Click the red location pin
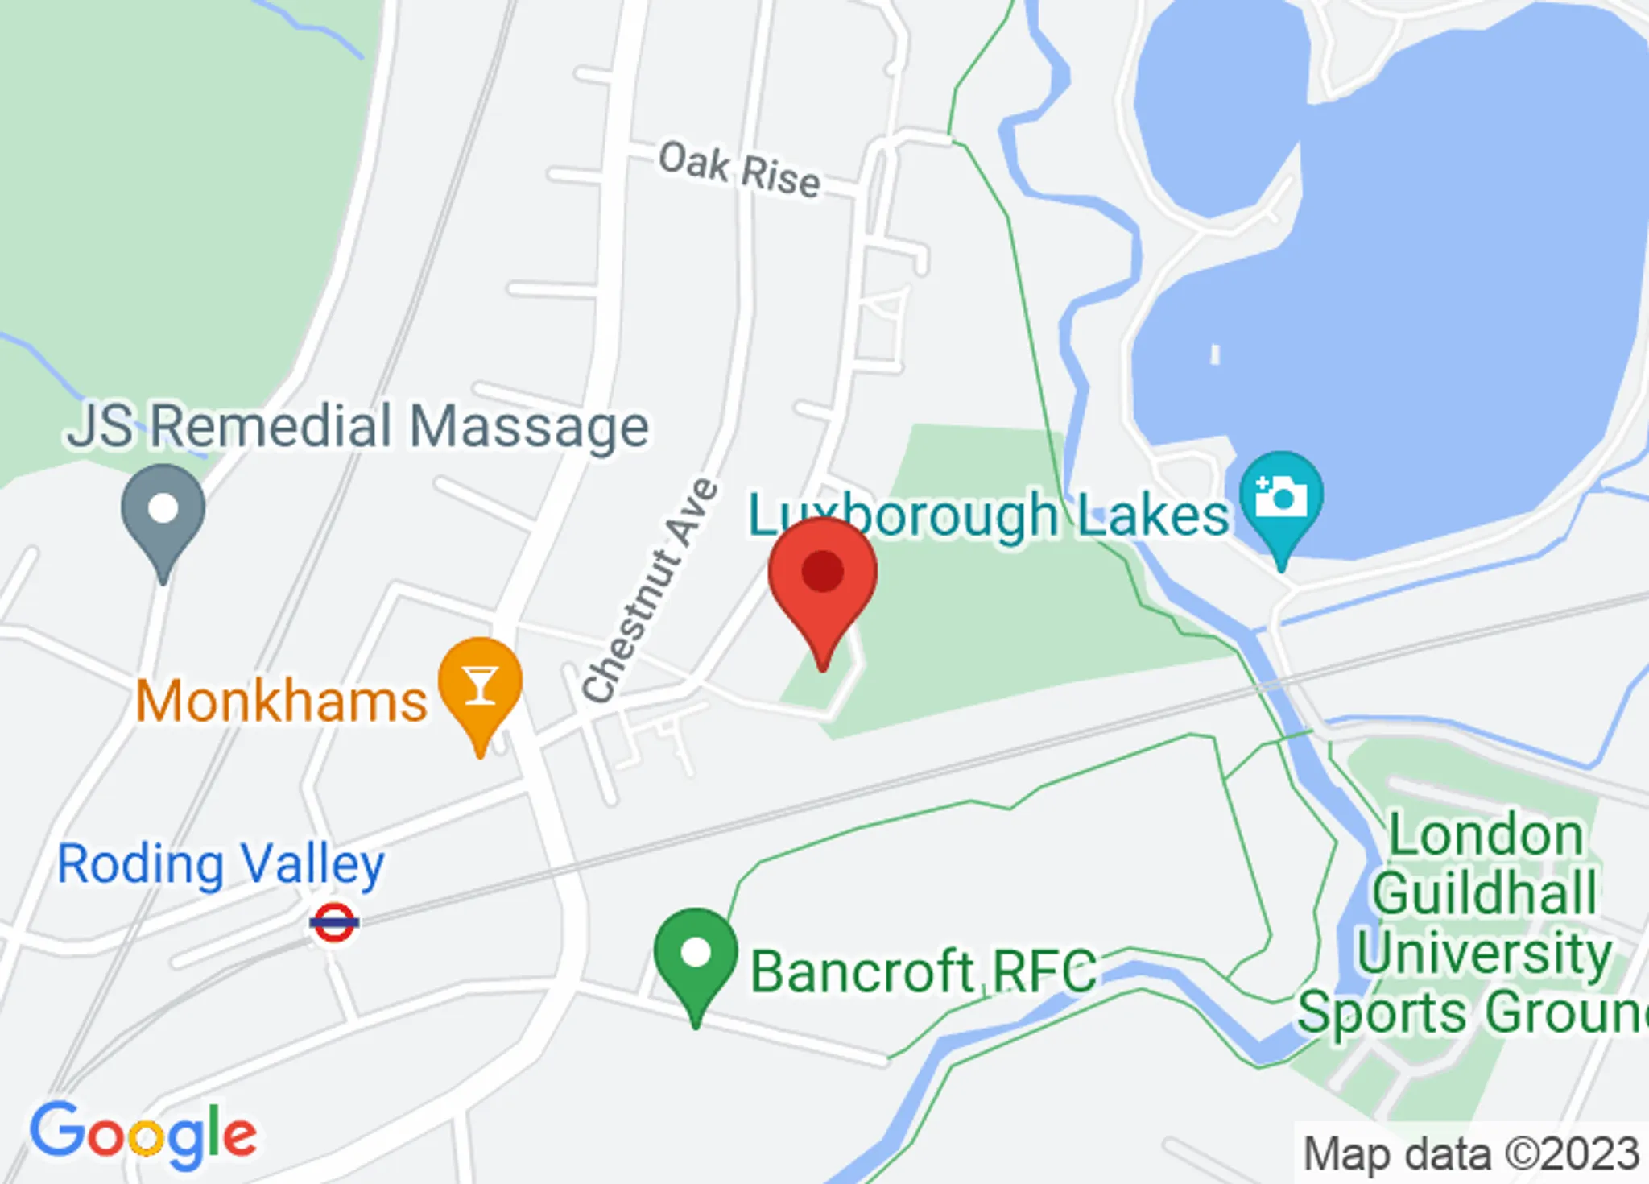(x=822, y=576)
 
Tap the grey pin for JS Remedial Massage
(x=163, y=511)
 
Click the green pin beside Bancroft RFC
(x=696, y=955)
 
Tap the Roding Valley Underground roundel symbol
(x=334, y=922)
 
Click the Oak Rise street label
(x=739, y=170)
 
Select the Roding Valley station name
(x=221, y=865)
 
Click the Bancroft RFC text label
(x=923, y=971)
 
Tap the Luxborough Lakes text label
(x=989, y=515)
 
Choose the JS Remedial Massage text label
(x=358, y=426)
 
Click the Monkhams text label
(x=281, y=702)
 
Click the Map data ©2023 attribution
(x=1471, y=1153)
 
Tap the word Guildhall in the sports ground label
(x=1485, y=893)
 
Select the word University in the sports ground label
(x=1484, y=952)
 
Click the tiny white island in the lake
(x=1215, y=354)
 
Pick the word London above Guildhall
(x=1486, y=835)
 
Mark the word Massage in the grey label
(x=529, y=426)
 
